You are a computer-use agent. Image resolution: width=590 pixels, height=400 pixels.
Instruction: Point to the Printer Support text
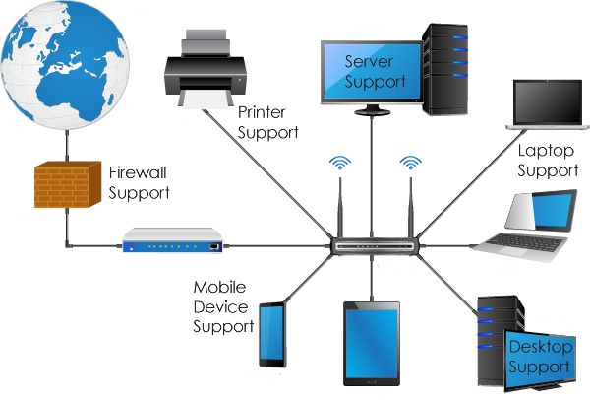(x=267, y=121)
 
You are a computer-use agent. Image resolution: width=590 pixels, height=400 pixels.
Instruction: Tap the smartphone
(x=271, y=334)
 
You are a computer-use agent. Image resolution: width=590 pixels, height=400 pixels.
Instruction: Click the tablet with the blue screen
(x=371, y=341)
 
